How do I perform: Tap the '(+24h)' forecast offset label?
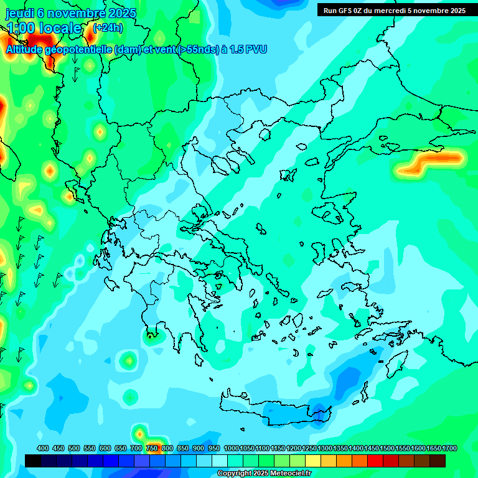pyautogui.click(x=108, y=27)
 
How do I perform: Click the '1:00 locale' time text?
pyautogui.click(x=44, y=28)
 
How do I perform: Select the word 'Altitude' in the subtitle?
pyautogui.click(x=28, y=49)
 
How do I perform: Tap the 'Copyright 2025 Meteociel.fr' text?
pyautogui.click(x=265, y=474)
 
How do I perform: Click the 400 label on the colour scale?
pyautogui.click(x=43, y=448)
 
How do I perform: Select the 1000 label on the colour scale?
pyautogui.click(x=232, y=448)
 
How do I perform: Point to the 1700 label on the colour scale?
pyautogui.click(x=449, y=448)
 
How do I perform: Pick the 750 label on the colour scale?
pyautogui.click(x=152, y=448)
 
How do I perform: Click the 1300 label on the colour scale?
pyautogui.click(x=325, y=448)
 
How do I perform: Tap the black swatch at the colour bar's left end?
pyautogui.click(x=33, y=461)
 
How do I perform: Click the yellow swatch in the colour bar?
pyautogui.click(x=313, y=461)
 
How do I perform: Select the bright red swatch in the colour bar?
pyautogui.click(x=375, y=461)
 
